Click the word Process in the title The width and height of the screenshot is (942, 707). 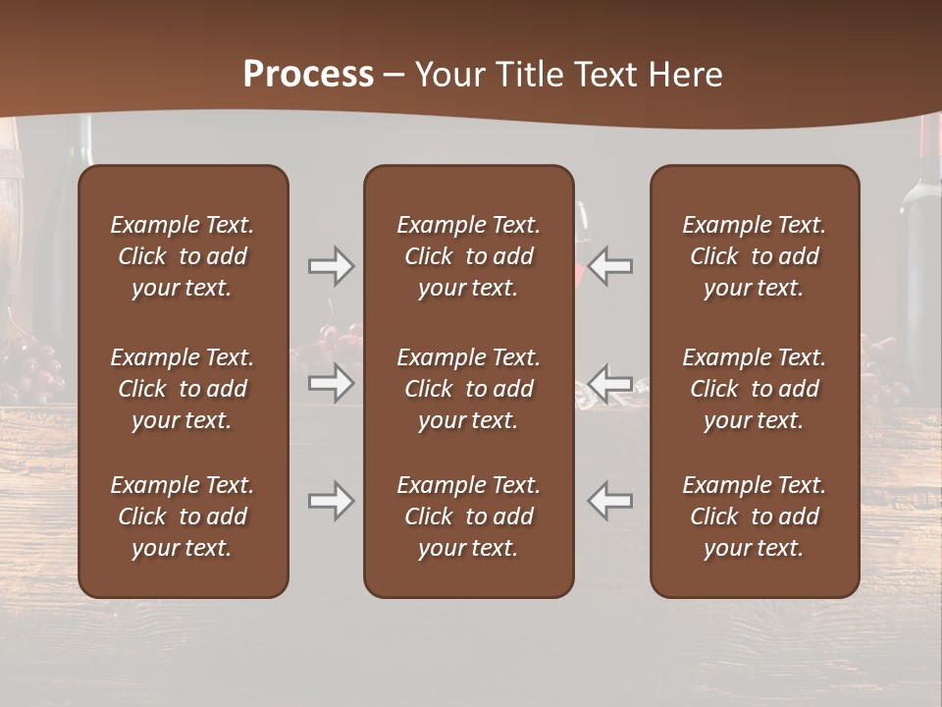click(308, 75)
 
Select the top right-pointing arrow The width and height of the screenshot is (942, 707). click(331, 266)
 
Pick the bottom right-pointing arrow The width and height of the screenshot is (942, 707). click(331, 501)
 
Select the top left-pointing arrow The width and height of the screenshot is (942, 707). click(610, 266)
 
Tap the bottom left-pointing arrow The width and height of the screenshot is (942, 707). click(610, 501)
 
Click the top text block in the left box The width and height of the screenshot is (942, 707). click(183, 256)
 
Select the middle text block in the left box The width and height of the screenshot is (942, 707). click(183, 389)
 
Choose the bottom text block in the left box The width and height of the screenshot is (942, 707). click(183, 517)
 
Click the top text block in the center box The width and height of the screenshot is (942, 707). click(468, 256)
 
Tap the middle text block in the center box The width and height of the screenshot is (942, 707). click(468, 389)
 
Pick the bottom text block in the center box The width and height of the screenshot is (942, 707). click(468, 517)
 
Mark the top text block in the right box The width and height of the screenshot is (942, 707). click(754, 256)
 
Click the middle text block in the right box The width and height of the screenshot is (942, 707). click(754, 389)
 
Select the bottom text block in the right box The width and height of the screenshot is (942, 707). click(754, 517)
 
